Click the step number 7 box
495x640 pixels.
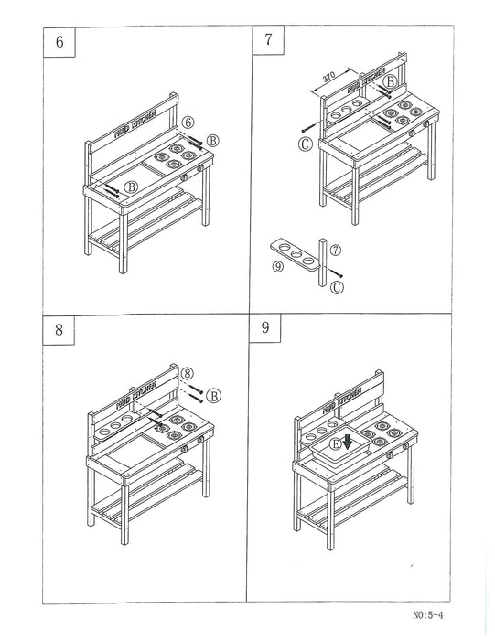point(268,40)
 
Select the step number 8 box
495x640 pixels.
point(60,330)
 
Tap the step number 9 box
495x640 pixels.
point(266,327)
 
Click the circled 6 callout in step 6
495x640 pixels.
point(188,122)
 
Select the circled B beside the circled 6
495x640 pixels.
point(212,140)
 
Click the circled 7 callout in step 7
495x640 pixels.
point(337,249)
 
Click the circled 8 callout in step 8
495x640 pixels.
point(187,373)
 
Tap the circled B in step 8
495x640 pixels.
point(212,395)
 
